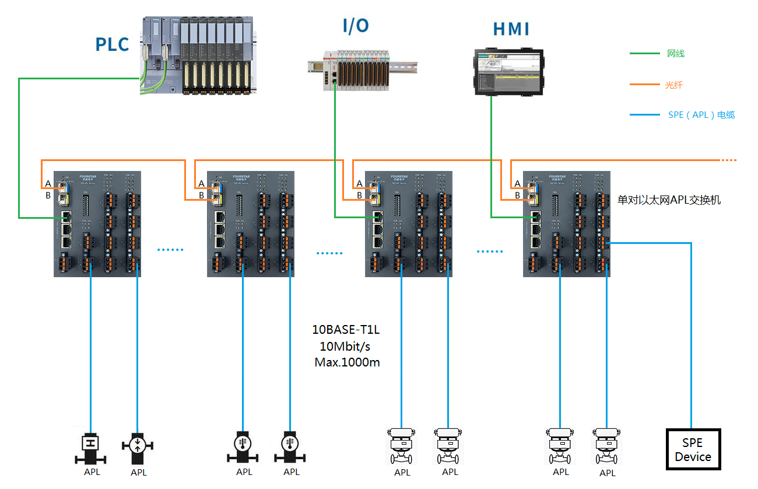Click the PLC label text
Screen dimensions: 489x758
pyautogui.click(x=112, y=44)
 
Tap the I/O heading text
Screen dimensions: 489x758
pyautogui.click(x=355, y=25)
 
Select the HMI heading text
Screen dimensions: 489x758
pyautogui.click(x=511, y=29)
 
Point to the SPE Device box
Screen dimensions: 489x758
pyautogui.click(x=693, y=449)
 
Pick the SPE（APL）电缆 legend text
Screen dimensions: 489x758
pyautogui.click(x=701, y=115)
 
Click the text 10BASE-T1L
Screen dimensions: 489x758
pyautogui.click(x=346, y=330)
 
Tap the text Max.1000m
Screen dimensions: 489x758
pyautogui.click(x=347, y=362)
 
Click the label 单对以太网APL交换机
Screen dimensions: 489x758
pyautogui.click(x=669, y=200)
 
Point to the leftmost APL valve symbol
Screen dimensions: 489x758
pyautogui.click(x=90, y=447)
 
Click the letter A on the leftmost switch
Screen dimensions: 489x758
pyautogui.click(x=48, y=183)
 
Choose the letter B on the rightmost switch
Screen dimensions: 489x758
pyautogui.click(x=517, y=195)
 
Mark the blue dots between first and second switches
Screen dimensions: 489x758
pyautogui.click(x=170, y=250)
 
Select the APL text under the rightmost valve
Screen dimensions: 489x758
pyautogui.click(x=608, y=473)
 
